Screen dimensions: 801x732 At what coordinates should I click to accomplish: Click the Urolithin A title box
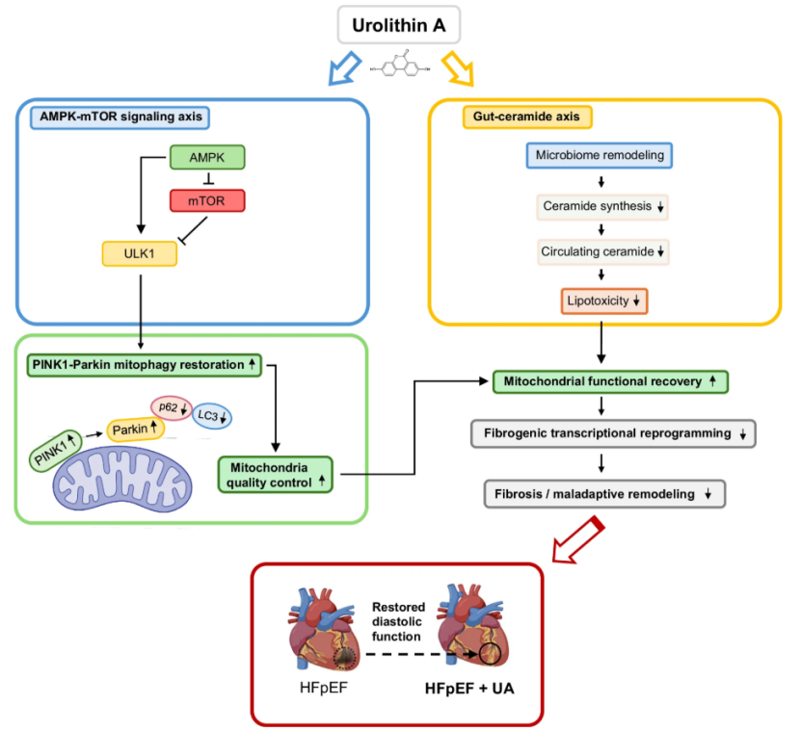pyautogui.click(x=398, y=24)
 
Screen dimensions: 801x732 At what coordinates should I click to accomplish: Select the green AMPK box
pyautogui.click(x=207, y=157)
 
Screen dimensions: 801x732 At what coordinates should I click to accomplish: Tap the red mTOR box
pyautogui.click(x=207, y=200)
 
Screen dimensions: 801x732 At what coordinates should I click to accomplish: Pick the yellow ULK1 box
pyautogui.click(x=140, y=253)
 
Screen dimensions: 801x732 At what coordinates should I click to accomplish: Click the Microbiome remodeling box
pyautogui.click(x=600, y=155)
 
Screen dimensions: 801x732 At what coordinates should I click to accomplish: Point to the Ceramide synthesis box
pyautogui.click(x=602, y=207)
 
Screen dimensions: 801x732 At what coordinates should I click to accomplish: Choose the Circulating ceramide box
pyautogui.click(x=602, y=251)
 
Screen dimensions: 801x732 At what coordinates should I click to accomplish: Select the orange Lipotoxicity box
pyautogui.click(x=603, y=301)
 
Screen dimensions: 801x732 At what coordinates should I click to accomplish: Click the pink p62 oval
pyautogui.click(x=172, y=407)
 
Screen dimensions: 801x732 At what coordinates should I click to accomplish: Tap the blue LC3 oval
pyautogui.click(x=212, y=415)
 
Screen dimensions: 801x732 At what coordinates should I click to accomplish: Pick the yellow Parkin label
pyautogui.click(x=135, y=429)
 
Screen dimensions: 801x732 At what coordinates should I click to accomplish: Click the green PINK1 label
pyautogui.click(x=55, y=450)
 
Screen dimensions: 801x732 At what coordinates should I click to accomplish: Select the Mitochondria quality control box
pyautogui.click(x=276, y=475)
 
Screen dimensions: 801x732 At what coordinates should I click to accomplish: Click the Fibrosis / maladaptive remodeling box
pyautogui.click(x=604, y=494)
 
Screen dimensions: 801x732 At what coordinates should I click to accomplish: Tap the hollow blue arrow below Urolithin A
pyautogui.click(x=344, y=67)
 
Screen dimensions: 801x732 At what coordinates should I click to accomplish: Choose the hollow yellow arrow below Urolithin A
pyautogui.click(x=458, y=67)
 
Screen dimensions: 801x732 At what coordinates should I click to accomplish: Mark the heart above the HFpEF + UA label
pyautogui.click(x=473, y=626)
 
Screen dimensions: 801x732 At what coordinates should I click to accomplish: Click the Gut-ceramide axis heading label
pyautogui.click(x=526, y=117)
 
